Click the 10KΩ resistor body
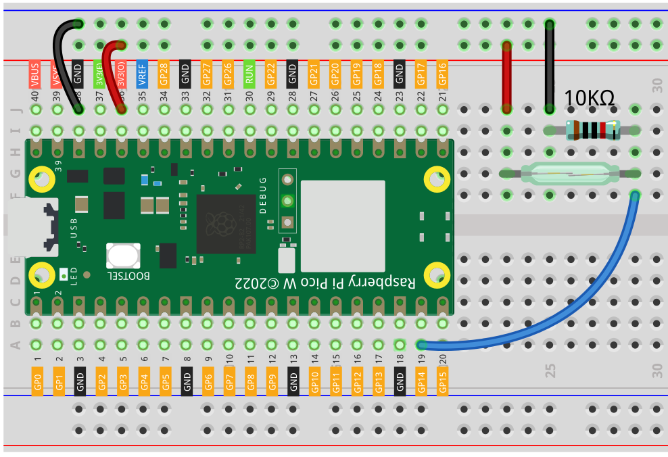tap(592, 129)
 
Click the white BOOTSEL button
tap(123, 256)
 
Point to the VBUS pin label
tap(35, 74)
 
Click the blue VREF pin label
tap(142, 74)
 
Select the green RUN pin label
tap(249, 74)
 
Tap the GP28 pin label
tap(164, 74)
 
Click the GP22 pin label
tap(270, 74)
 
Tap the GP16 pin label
tap(442, 74)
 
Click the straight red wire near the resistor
tap(506, 78)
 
